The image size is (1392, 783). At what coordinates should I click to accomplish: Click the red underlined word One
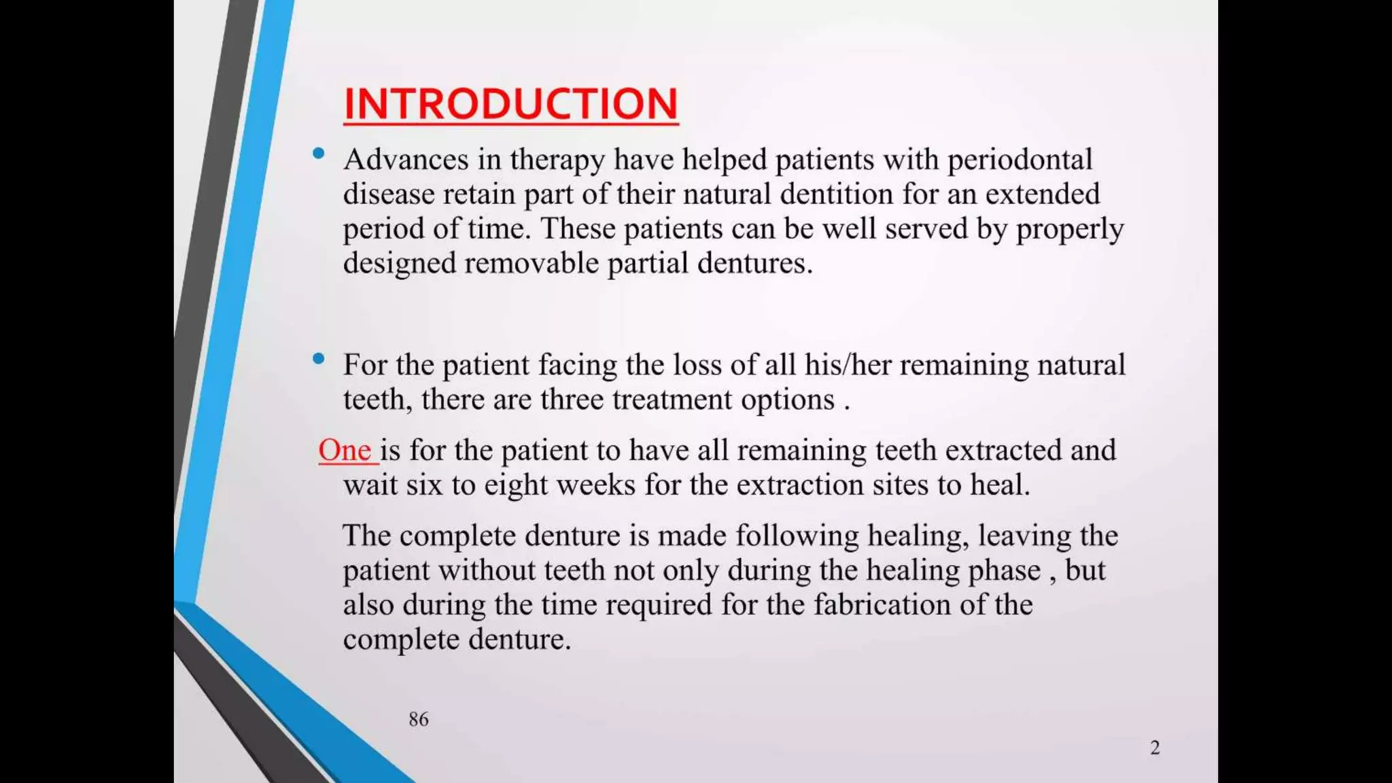point(345,450)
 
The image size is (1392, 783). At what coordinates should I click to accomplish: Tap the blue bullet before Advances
point(318,154)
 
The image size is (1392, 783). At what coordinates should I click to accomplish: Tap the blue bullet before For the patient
point(318,359)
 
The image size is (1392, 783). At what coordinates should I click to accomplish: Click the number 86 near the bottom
point(419,719)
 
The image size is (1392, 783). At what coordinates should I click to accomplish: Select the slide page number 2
point(1155,748)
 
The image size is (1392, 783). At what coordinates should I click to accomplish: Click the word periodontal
point(1020,160)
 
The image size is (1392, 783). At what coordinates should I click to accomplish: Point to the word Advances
point(406,160)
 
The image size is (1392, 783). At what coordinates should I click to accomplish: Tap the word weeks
point(595,485)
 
